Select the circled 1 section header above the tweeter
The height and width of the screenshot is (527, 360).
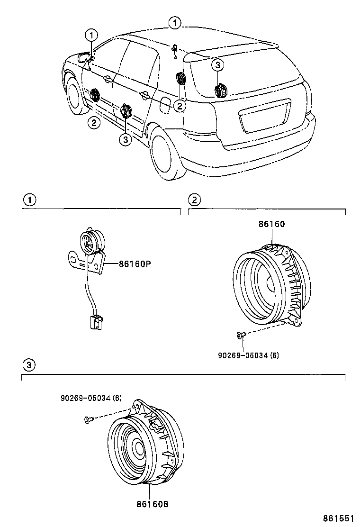(29, 200)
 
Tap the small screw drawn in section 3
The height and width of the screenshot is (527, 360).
(87, 419)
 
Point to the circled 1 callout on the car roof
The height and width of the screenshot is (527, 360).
(176, 22)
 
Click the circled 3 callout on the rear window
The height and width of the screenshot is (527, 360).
(217, 65)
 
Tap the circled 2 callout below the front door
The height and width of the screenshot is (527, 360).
(94, 122)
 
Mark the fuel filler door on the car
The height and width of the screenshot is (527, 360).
(165, 105)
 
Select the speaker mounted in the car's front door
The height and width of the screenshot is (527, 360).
(94, 96)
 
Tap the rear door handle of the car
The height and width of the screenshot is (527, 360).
(144, 96)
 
